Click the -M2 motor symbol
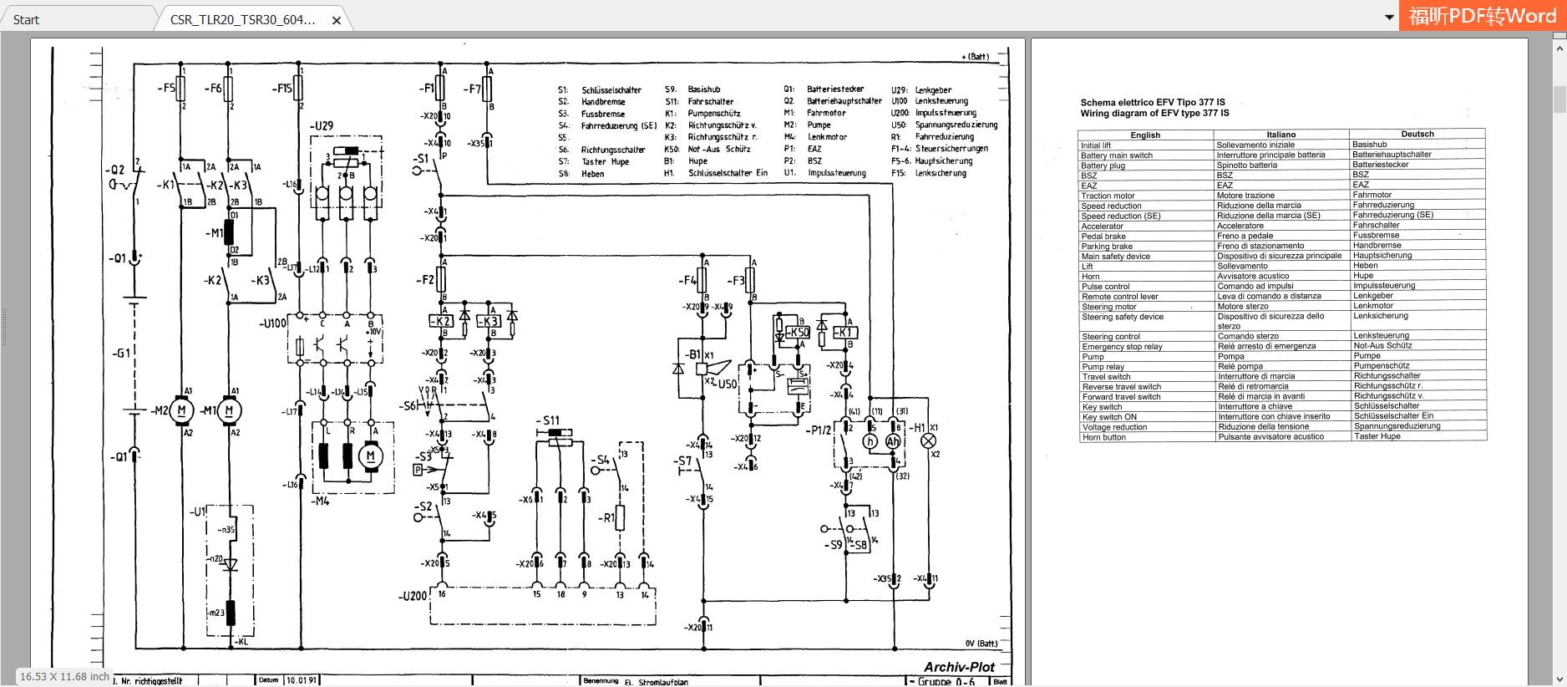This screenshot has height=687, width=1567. pos(182,410)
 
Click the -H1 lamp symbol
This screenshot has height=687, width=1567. pos(928,440)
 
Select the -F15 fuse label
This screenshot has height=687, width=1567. pos(282,88)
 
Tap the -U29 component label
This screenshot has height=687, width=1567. pos(322,125)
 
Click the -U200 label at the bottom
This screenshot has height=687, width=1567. pos(413,596)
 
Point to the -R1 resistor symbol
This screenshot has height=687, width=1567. pos(620,517)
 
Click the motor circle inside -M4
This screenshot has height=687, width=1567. pos(371,455)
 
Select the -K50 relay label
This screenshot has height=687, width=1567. pos(799,332)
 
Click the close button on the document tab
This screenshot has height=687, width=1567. pos(337,20)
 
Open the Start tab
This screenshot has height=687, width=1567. pos(27,20)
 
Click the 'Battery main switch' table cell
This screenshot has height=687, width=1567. pos(1117,155)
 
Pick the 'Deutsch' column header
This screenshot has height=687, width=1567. pos(1417,134)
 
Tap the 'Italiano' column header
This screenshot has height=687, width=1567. pos(1280,135)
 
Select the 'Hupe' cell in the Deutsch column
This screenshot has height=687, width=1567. pos(1363,276)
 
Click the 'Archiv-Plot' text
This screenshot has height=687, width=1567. pos(959,667)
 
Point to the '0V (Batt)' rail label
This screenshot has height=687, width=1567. pos(981,644)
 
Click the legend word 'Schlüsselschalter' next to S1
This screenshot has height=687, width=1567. pos(611,90)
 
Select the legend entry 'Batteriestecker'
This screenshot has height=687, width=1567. pos(835,89)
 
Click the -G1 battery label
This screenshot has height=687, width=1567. pos(121,354)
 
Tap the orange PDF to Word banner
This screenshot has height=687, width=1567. pos(1482,16)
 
